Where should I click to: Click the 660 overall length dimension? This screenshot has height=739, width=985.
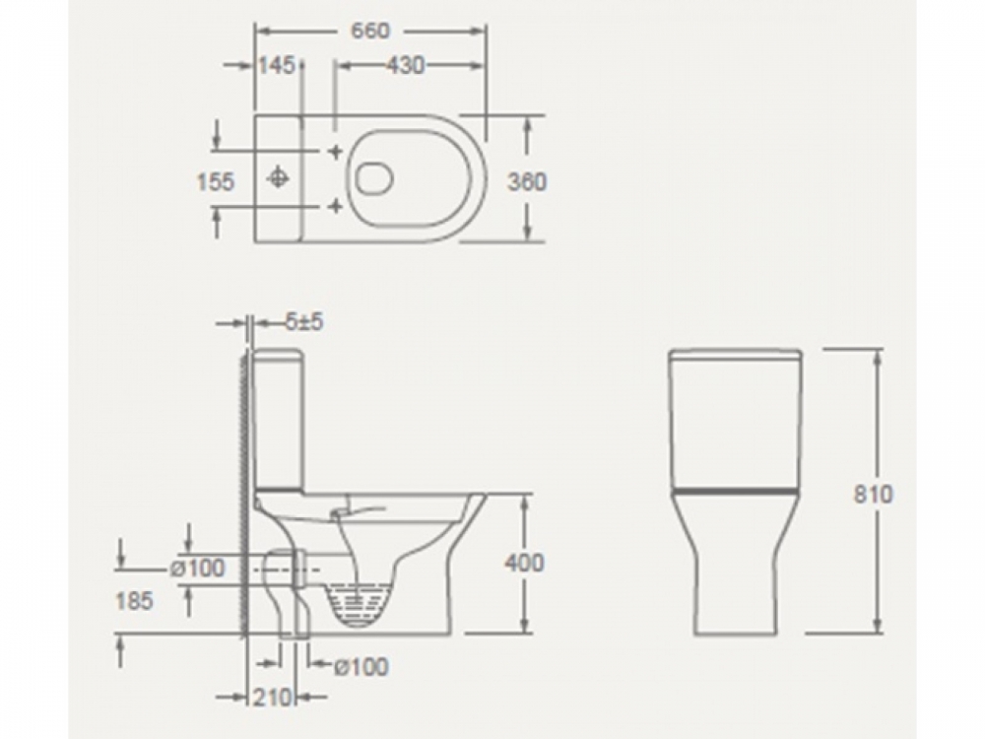(x=370, y=31)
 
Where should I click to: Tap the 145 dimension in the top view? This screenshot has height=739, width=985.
(x=277, y=65)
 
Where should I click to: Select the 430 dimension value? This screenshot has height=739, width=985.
(x=405, y=65)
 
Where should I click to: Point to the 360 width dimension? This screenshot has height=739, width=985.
(x=527, y=181)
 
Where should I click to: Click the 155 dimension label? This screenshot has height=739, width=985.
(x=216, y=181)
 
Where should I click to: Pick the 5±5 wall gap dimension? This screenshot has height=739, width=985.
(x=304, y=322)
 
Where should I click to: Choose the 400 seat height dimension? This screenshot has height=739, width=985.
(x=525, y=563)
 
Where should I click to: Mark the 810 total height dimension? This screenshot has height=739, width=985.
(x=873, y=494)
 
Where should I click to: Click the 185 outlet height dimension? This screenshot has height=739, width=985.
(x=134, y=601)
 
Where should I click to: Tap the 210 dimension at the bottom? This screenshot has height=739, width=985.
(x=273, y=697)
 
